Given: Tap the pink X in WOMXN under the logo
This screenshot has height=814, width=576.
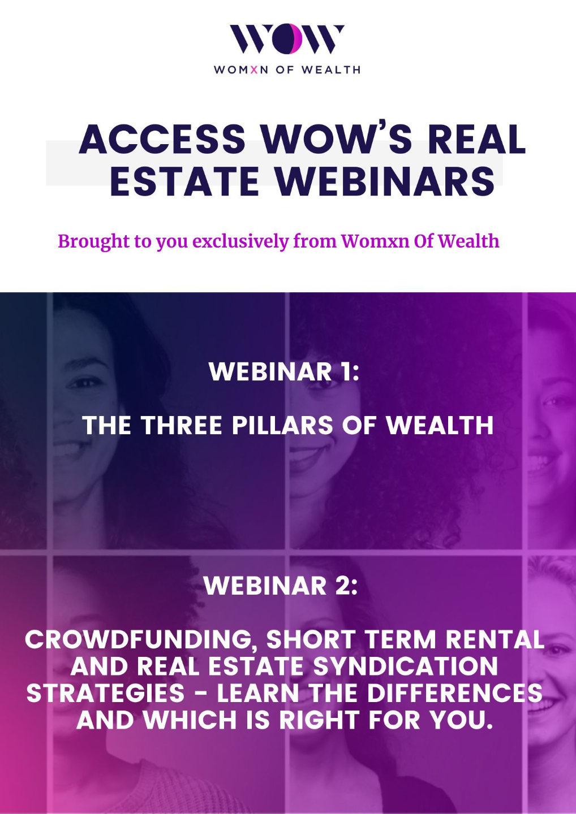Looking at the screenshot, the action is tap(254, 70).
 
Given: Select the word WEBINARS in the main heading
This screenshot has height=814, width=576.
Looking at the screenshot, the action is tap(385, 181).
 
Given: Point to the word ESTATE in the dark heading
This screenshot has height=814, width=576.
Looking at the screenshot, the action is tap(184, 181).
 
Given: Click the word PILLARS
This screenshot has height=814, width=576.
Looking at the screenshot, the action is tap(282, 425).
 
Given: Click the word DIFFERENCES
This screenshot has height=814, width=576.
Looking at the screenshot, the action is tap(454, 693).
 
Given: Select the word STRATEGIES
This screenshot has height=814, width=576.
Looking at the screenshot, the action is tap(105, 693).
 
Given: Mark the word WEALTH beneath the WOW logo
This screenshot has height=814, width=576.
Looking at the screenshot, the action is tap(331, 70).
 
